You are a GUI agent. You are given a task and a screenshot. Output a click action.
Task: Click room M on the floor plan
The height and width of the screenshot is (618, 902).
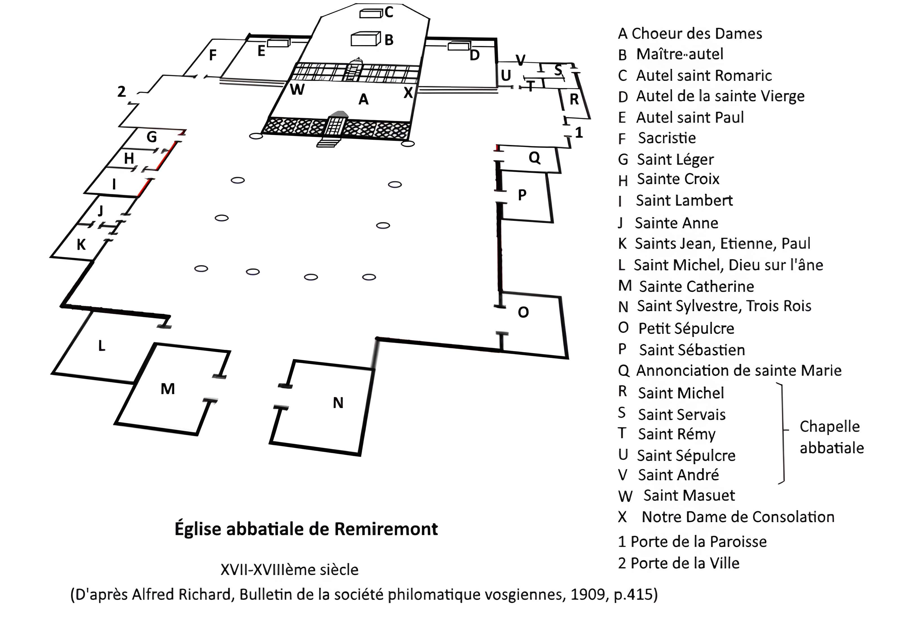pos(168,389)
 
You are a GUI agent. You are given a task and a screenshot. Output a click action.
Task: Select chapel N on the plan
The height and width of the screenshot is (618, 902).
pos(338,403)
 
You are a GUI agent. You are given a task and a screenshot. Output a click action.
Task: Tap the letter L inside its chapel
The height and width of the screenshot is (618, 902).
pos(102,345)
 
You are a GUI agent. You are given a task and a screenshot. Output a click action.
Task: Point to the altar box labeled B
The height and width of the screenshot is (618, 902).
pos(365,39)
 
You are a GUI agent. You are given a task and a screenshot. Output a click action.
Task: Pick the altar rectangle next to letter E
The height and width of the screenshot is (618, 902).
pos(278,43)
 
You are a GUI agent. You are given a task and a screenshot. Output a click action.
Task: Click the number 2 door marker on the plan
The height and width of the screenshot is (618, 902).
pos(121,92)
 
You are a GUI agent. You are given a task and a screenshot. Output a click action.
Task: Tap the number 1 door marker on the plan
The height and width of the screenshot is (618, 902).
pos(579,133)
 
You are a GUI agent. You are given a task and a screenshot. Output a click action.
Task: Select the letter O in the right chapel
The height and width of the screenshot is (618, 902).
pos(523,312)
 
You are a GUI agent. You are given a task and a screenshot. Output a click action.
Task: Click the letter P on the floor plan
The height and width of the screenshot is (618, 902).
pos(522,195)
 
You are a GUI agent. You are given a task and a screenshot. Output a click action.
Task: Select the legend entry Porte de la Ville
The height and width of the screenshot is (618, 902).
pos(685,563)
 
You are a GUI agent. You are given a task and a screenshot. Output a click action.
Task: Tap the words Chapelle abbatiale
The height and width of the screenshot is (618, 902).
pos(831,437)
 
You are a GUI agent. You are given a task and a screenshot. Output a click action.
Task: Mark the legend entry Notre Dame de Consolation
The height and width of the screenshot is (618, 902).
pos(737,517)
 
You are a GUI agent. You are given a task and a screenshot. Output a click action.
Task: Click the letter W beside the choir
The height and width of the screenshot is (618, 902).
pos(297,90)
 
